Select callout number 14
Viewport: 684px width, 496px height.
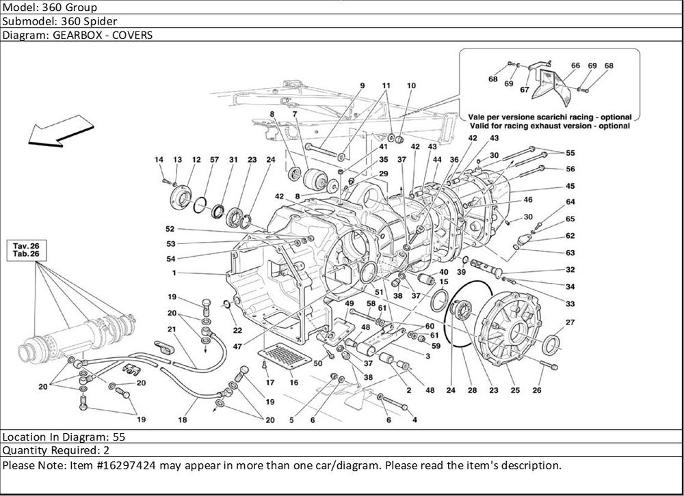click(159, 160)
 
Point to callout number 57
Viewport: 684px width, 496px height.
click(214, 160)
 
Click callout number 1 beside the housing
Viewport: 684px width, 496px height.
click(175, 273)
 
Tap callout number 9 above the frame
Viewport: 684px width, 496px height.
click(363, 85)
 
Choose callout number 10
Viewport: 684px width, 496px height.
click(411, 85)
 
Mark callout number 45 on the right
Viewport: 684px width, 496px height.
click(570, 186)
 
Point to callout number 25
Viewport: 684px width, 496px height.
click(515, 390)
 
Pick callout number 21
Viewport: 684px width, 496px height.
click(172, 329)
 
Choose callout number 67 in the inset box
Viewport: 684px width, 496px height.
click(525, 89)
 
